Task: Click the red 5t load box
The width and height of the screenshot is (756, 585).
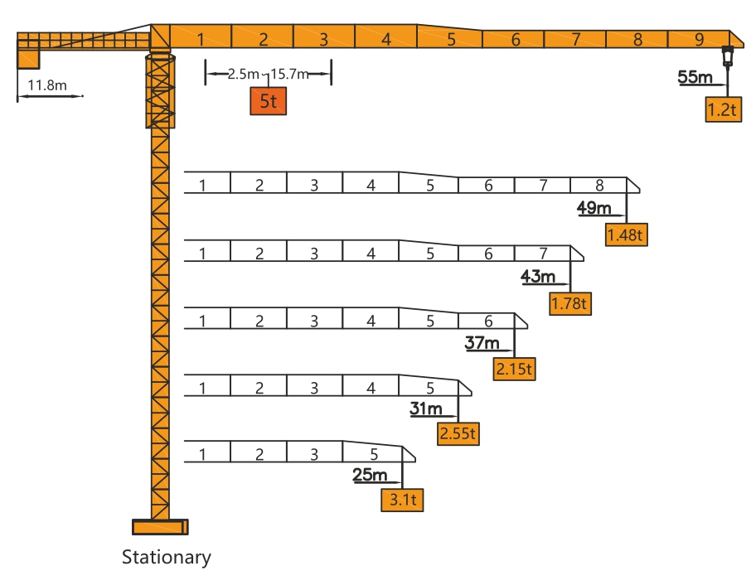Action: pos(268,101)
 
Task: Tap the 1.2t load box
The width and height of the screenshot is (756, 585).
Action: pos(723,109)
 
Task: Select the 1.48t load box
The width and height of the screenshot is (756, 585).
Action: pos(627,234)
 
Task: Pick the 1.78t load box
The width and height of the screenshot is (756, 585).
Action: pos(570,303)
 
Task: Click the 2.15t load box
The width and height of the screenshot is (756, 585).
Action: pos(515,369)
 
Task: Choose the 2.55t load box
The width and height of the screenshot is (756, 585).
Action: pos(458,433)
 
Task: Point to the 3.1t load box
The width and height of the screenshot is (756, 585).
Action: pos(402,500)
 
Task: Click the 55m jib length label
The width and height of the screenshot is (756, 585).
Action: pos(695,76)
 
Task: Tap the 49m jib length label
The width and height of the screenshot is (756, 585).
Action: pos(594,208)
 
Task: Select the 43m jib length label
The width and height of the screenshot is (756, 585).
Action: pos(538,276)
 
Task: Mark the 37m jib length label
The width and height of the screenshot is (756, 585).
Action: pos(482,342)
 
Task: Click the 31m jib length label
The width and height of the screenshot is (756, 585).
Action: pos(426,409)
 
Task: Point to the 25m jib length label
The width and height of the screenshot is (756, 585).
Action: pos(370,475)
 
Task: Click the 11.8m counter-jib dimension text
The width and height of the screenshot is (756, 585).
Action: pos(47,85)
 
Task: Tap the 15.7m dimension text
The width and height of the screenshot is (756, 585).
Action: pos(289,75)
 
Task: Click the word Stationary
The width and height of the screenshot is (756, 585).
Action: pos(167,558)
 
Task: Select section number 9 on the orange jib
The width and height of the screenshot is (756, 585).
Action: pos(699,40)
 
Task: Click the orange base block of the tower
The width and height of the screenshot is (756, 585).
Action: pos(160,527)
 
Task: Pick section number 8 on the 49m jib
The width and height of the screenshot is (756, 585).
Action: pos(599,185)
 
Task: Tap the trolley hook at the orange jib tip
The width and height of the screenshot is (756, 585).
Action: pos(727,56)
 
